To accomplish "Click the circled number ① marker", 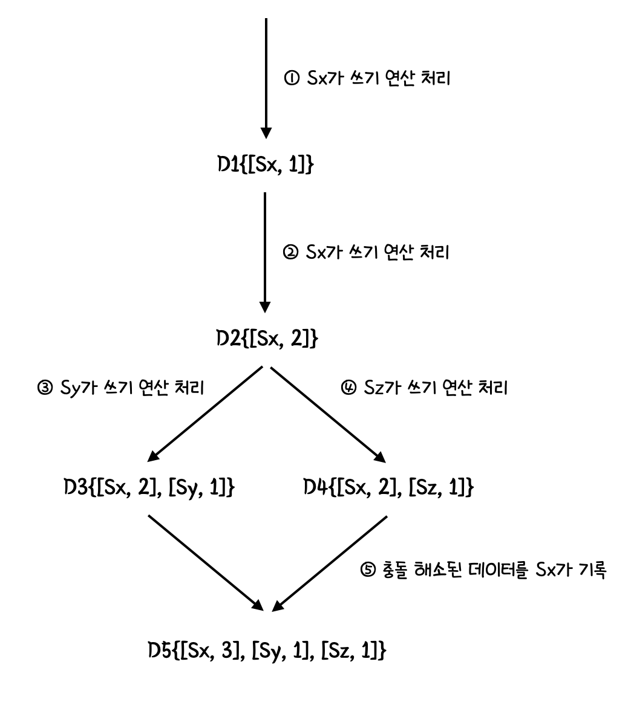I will point(290,78).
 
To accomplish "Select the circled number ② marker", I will point(290,253).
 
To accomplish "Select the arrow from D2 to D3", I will point(206,414).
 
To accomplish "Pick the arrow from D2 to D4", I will point(327,414).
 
